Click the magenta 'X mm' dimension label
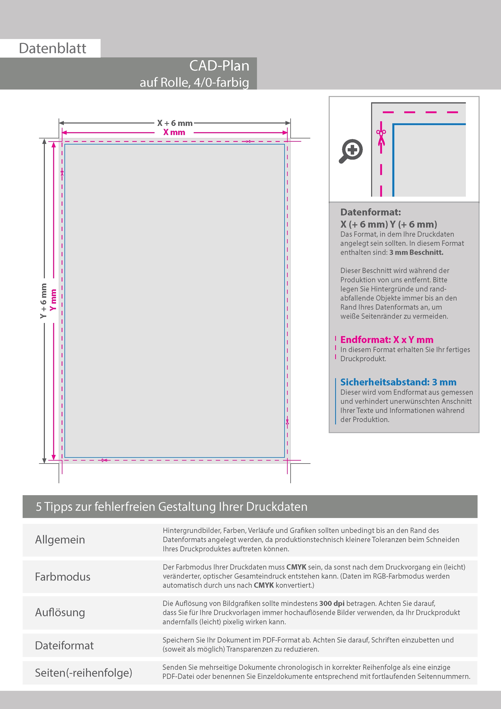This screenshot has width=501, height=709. [x=174, y=132]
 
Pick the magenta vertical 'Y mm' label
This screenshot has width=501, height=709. [x=53, y=300]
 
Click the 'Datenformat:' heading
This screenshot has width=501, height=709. [x=370, y=212]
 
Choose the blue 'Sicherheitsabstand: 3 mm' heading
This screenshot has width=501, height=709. [x=398, y=382]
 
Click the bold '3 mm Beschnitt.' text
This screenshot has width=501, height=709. [x=416, y=252]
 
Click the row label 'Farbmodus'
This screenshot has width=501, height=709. [x=63, y=577]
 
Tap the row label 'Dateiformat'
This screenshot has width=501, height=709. [x=64, y=645]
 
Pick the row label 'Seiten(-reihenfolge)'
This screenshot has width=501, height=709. [x=83, y=672]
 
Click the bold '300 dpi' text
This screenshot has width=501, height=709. [x=332, y=603]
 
